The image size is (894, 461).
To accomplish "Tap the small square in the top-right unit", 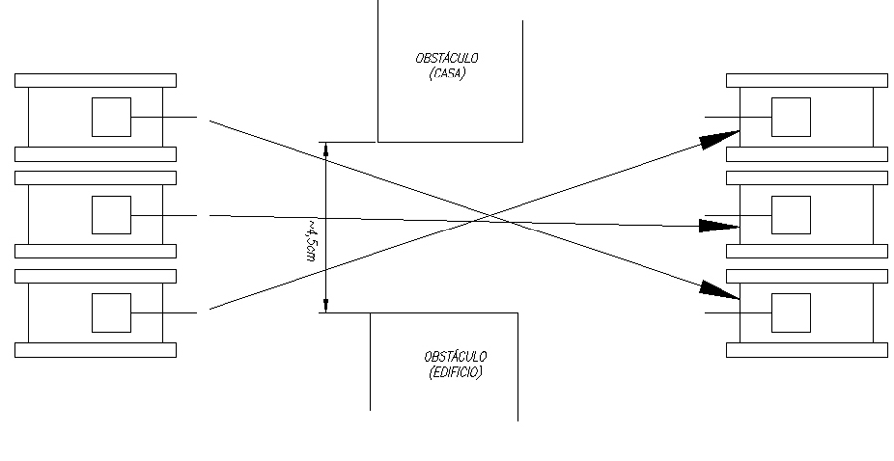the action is point(791,118).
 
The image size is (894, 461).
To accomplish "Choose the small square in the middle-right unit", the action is point(791,215).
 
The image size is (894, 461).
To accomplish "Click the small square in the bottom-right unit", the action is point(791,313).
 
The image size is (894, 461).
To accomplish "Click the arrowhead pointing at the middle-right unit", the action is point(717,226).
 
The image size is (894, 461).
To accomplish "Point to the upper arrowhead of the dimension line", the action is point(325,149).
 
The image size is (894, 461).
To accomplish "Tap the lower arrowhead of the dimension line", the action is point(325,303).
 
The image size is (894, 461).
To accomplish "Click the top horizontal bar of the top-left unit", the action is point(95,79).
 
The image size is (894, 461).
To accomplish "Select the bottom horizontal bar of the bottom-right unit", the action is point(807,349).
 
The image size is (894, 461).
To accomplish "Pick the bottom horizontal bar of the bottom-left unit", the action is point(95,349).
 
